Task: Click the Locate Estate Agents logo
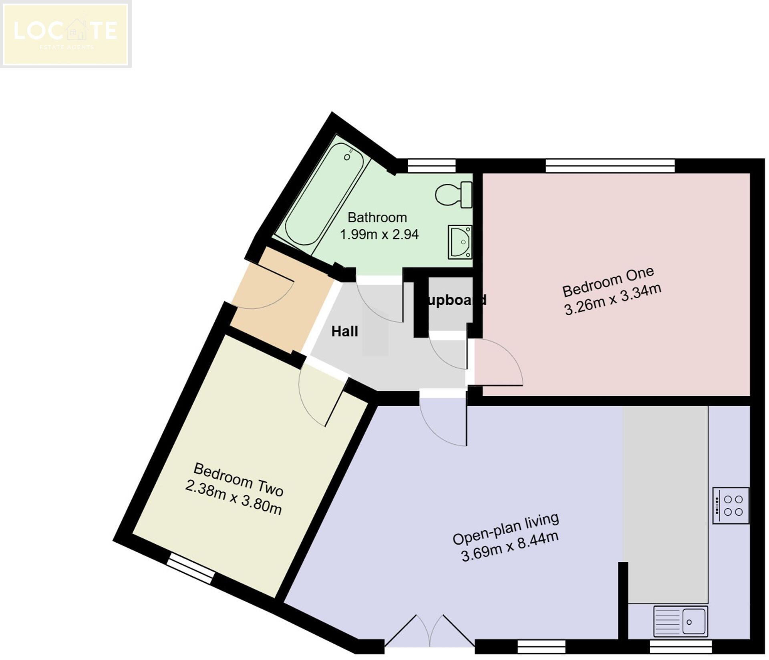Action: pos(65,34)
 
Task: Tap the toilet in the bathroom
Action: pos(454,195)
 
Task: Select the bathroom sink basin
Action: pos(460,242)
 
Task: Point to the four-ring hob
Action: pos(731,505)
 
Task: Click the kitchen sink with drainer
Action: pos(680,622)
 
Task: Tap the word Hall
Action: pos(344,332)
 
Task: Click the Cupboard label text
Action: pos(455,300)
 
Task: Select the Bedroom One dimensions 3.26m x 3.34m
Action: pos(613,302)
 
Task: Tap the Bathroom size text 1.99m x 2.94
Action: pos(379,234)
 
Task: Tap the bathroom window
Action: pos(431,165)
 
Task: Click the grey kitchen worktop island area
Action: pos(665,505)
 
